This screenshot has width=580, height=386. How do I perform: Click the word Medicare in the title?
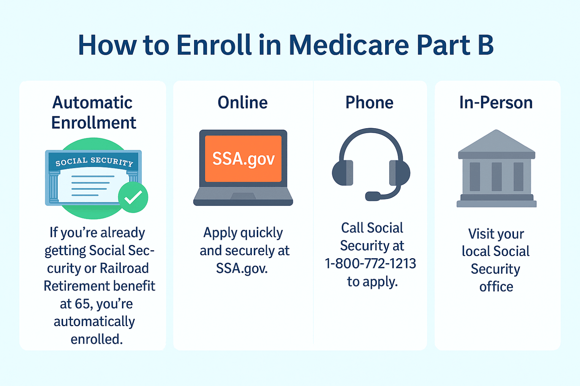[349, 45]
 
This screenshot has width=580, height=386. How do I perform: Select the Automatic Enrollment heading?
[93, 113]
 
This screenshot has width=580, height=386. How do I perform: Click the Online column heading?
[243, 103]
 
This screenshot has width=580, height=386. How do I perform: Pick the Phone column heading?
[370, 103]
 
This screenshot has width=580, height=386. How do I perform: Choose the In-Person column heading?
[496, 103]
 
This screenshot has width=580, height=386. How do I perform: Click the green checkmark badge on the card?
[133, 197]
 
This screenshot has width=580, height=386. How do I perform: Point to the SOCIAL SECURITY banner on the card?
[94, 162]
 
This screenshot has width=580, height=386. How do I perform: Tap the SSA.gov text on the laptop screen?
[243, 158]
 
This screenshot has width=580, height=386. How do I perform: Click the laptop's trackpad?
[243, 196]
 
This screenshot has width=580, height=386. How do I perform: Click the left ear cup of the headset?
[343, 173]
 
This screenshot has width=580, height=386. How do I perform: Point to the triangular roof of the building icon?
[496, 141]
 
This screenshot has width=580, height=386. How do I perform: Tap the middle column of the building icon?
[496, 177]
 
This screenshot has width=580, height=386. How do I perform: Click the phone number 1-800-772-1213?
[371, 264]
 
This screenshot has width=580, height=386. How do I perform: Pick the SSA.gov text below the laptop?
[242, 268]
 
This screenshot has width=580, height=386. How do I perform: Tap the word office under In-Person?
[496, 286]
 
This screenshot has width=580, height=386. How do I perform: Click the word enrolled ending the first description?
[96, 339]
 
